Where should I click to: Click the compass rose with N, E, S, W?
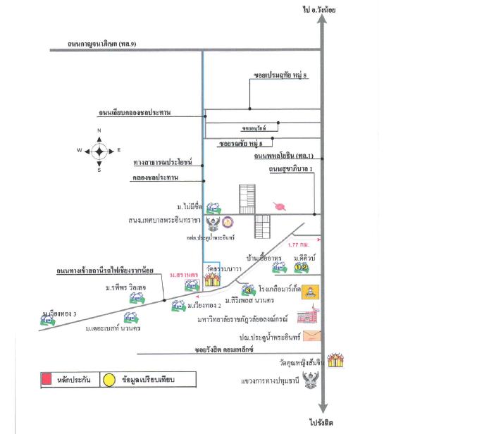coord(99,150)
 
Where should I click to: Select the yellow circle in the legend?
coord(111,380)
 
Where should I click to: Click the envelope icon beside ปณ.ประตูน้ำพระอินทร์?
coord(311,335)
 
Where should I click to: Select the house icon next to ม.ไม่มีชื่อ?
coord(213,207)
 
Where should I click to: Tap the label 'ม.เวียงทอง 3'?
coord(59,312)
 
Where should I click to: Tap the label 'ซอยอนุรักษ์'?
coord(254,129)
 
